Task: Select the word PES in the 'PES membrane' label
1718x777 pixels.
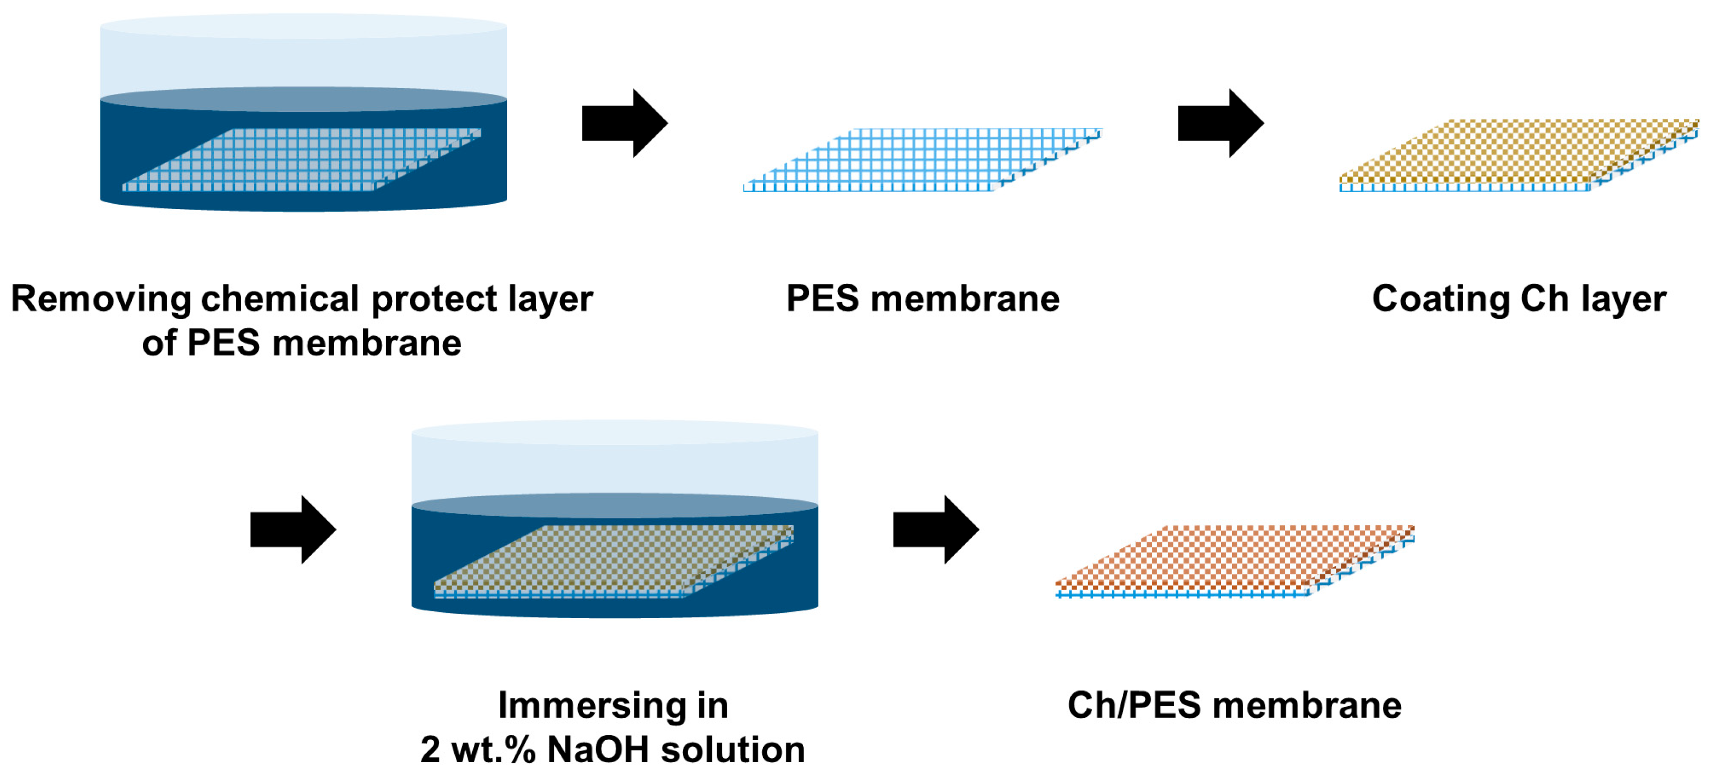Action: click(822, 299)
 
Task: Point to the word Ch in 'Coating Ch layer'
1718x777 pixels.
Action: click(1544, 299)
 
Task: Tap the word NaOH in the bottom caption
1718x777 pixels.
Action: click(598, 750)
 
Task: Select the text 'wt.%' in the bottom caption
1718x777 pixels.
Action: click(493, 750)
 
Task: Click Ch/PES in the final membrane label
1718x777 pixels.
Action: click(1134, 706)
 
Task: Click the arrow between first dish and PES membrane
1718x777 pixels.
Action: click(624, 124)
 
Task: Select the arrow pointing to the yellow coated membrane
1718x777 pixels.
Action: click(1220, 124)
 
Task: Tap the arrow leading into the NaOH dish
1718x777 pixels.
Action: click(292, 529)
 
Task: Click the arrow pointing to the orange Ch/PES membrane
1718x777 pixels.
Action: click(935, 529)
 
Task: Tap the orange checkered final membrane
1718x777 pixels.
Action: click(1234, 559)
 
